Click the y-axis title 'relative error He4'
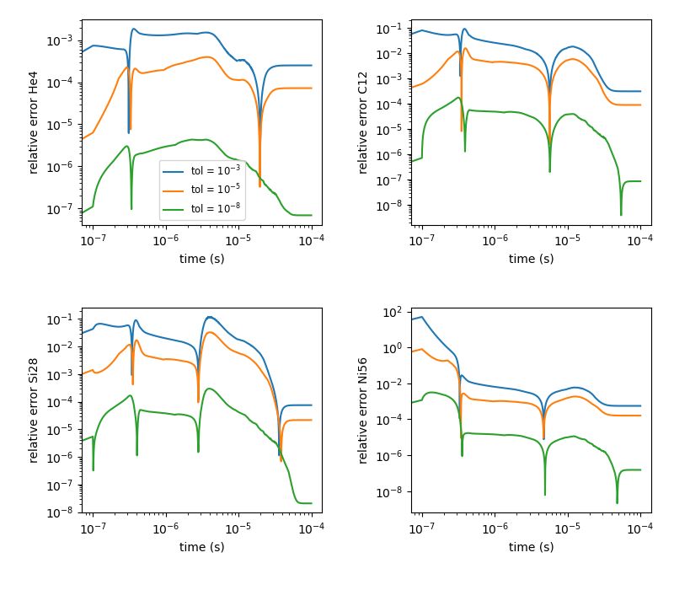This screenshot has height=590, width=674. [x=35, y=123]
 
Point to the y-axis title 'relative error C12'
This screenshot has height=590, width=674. [x=363, y=123]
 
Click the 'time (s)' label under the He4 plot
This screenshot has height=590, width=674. [x=202, y=259]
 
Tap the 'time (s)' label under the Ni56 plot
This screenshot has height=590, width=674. [x=531, y=547]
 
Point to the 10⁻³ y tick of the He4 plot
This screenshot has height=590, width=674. [x=64, y=40]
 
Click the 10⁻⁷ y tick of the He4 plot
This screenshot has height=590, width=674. [x=64, y=208]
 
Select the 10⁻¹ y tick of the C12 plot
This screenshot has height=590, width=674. [x=393, y=29]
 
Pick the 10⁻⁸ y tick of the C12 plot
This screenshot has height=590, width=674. [x=393, y=206]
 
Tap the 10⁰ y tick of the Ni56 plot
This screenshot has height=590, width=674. [x=396, y=348]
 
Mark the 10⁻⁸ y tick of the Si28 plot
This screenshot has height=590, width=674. [x=64, y=512]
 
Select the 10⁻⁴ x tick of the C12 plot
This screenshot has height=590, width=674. [x=640, y=239]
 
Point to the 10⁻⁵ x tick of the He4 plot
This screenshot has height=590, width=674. [x=239, y=239]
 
